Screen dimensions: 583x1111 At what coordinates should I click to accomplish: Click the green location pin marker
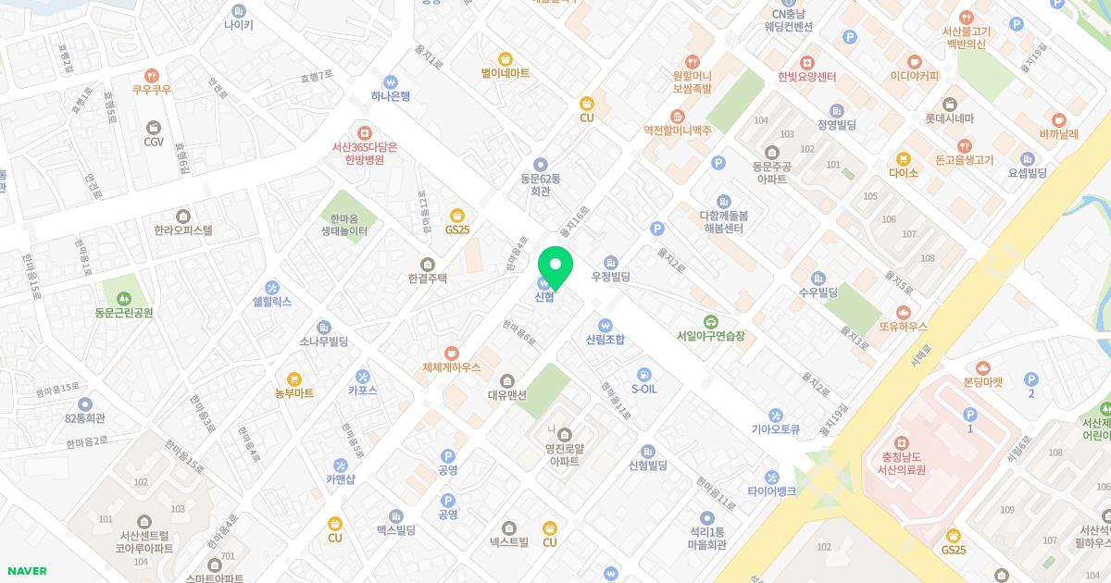pos(555,266)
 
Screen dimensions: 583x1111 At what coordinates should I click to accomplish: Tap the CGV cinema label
pos(154,142)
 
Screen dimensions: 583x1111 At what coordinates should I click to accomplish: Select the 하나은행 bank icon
pos(391,81)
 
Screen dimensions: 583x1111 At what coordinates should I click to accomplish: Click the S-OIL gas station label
pos(644,389)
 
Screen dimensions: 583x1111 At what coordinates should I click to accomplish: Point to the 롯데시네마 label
pos(950,118)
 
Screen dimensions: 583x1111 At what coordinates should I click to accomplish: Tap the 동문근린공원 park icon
pos(124,298)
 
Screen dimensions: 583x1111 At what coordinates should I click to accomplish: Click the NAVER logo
pos(27,571)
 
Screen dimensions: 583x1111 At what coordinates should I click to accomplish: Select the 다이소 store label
pos(903,173)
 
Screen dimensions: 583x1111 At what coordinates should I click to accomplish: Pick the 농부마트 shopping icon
pos(294,378)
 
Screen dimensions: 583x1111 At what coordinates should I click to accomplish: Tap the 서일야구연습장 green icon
pos(710,321)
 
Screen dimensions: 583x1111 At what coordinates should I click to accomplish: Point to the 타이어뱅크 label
pos(772,491)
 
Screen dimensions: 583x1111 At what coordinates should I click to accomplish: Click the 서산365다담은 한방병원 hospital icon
pos(365,133)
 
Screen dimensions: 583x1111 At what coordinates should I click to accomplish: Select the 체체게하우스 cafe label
pos(452,367)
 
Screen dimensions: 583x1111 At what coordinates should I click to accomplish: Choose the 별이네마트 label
pos(506,72)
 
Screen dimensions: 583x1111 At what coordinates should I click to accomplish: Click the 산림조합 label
pos(605,340)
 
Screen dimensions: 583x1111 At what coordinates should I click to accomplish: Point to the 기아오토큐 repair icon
pos(776,416)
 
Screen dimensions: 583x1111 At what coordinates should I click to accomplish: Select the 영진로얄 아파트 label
pos(564,453)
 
